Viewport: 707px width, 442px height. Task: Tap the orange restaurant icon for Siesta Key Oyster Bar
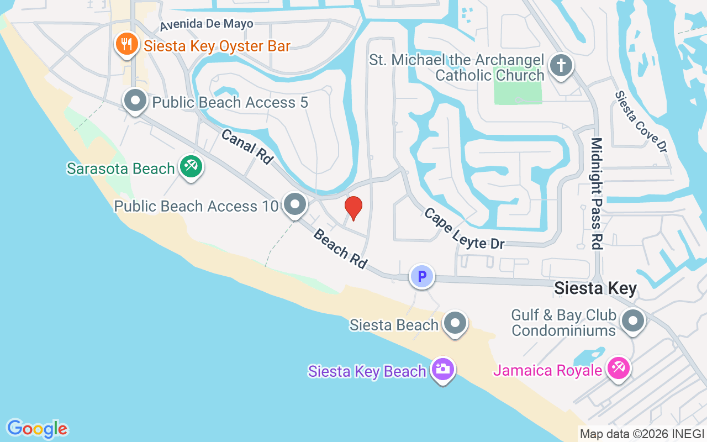point(127,45)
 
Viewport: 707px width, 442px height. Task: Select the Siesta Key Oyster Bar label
point(217,46)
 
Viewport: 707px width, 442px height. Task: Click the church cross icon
point(561,66)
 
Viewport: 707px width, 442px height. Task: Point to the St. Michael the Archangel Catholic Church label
point(457,68)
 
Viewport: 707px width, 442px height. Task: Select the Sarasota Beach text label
point(120,169)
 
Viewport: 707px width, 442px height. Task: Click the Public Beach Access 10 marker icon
point(295,205)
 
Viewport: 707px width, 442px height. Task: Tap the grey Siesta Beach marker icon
point(456,323)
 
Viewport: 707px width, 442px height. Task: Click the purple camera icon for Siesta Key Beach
point(442,369)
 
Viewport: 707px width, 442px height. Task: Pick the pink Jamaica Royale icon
point(618,369)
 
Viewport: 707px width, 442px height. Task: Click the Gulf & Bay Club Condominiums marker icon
point(633,321)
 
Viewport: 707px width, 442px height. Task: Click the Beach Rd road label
point(340,249)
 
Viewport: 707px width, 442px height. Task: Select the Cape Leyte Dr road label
point(463,228)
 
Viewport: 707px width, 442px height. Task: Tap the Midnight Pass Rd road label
point(597,193)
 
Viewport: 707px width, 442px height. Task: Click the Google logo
point(37,428)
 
